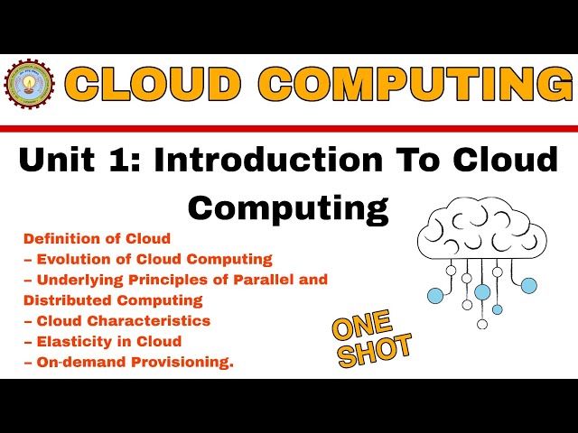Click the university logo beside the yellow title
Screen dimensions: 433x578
tap(30, 85)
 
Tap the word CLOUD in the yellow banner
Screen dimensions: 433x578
tap(154, 86)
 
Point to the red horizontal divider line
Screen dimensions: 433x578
tap(289, 128)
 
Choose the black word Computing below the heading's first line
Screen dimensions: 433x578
tap(288, 207)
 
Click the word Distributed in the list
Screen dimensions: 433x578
tap(63, 299)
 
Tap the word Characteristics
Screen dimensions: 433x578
tap(155, 320)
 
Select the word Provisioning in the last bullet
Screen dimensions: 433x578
tap(184, 362)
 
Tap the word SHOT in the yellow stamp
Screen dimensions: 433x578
tap(375, 349)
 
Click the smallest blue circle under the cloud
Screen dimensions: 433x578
tap(497, 309)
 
